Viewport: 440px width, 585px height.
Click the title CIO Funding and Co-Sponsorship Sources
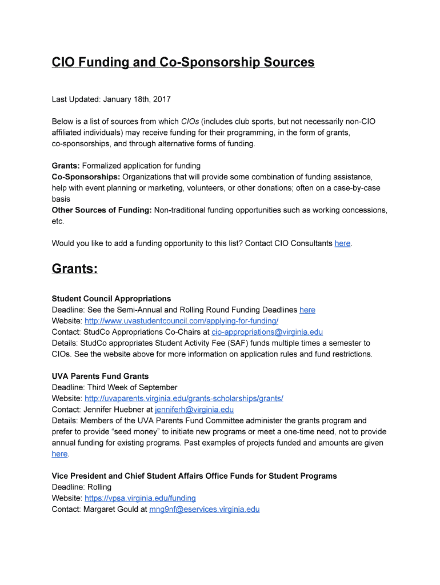(183, 62)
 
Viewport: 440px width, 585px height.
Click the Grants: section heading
(74, 269)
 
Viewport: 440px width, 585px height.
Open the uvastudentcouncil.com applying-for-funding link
(181, 321)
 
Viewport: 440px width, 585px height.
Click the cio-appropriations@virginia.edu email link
(267, 332)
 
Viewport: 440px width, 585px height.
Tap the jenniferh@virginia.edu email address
(194, 410)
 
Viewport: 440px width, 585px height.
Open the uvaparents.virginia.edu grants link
(183, 398)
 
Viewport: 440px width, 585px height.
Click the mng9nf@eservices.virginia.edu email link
(204, 509)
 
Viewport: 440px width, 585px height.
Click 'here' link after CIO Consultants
(342, 243)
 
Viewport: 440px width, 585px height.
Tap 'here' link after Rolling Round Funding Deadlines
(307, 310)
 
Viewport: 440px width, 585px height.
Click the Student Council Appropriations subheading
(111, 299)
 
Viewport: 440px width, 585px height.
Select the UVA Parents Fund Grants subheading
(100, 376)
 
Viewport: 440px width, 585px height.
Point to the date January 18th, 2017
(137, 99)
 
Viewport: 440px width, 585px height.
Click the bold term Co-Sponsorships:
(86, 177)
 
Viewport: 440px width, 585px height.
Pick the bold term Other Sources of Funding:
(101, 210)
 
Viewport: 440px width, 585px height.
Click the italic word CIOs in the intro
(190, 122)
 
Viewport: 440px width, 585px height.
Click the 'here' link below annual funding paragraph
(59, 454)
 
